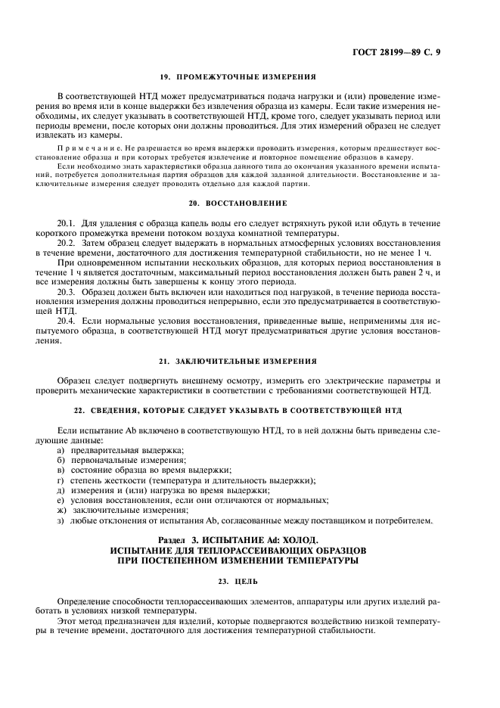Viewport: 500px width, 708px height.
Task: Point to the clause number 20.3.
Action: tap(67, 291)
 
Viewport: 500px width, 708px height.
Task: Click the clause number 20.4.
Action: tap(67, 321)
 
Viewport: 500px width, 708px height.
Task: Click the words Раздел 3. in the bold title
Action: tap(185, 540)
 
